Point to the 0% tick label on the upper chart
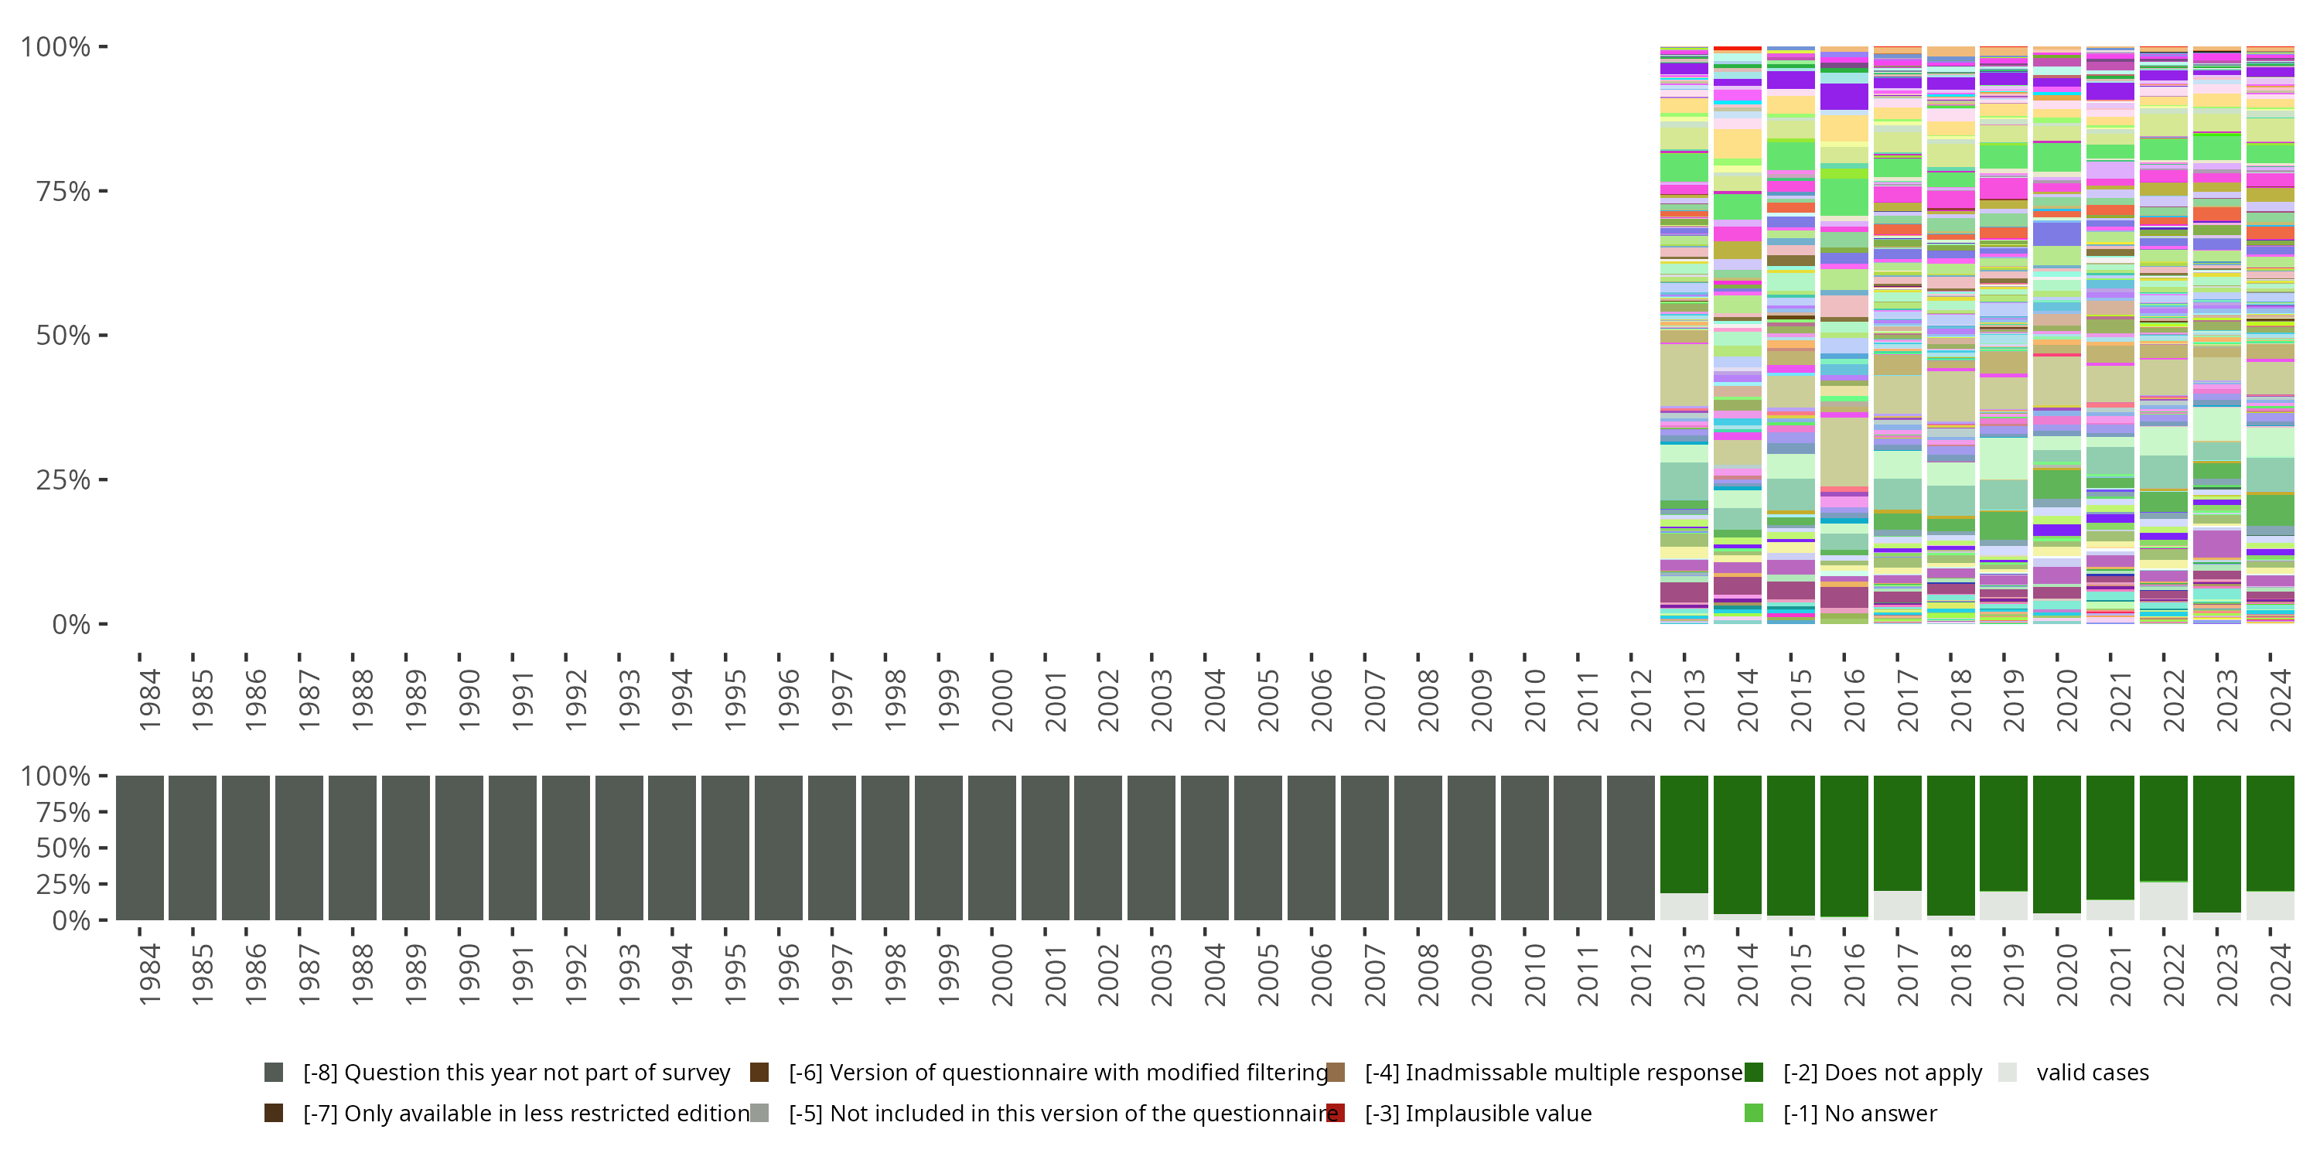[70, 624]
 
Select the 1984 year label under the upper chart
[149, 701]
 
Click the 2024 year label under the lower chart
[2281, 974]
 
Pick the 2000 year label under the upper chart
[1001, 701]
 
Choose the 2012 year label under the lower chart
[1641, 974]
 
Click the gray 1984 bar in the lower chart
[140, 848]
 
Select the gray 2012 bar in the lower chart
[1631, 848]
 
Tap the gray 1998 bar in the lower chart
[885, 848]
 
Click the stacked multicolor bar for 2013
[1684, 335]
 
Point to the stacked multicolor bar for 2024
[2271, 335]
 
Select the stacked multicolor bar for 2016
[1844, 335]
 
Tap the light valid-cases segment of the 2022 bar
[2163, 901]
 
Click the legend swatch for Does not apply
[1753, 1072]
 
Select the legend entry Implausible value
[1478, 1113]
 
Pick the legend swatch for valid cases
[2007, 1072]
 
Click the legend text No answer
[1860, 1113]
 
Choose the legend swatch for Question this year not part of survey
[274, 1072]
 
